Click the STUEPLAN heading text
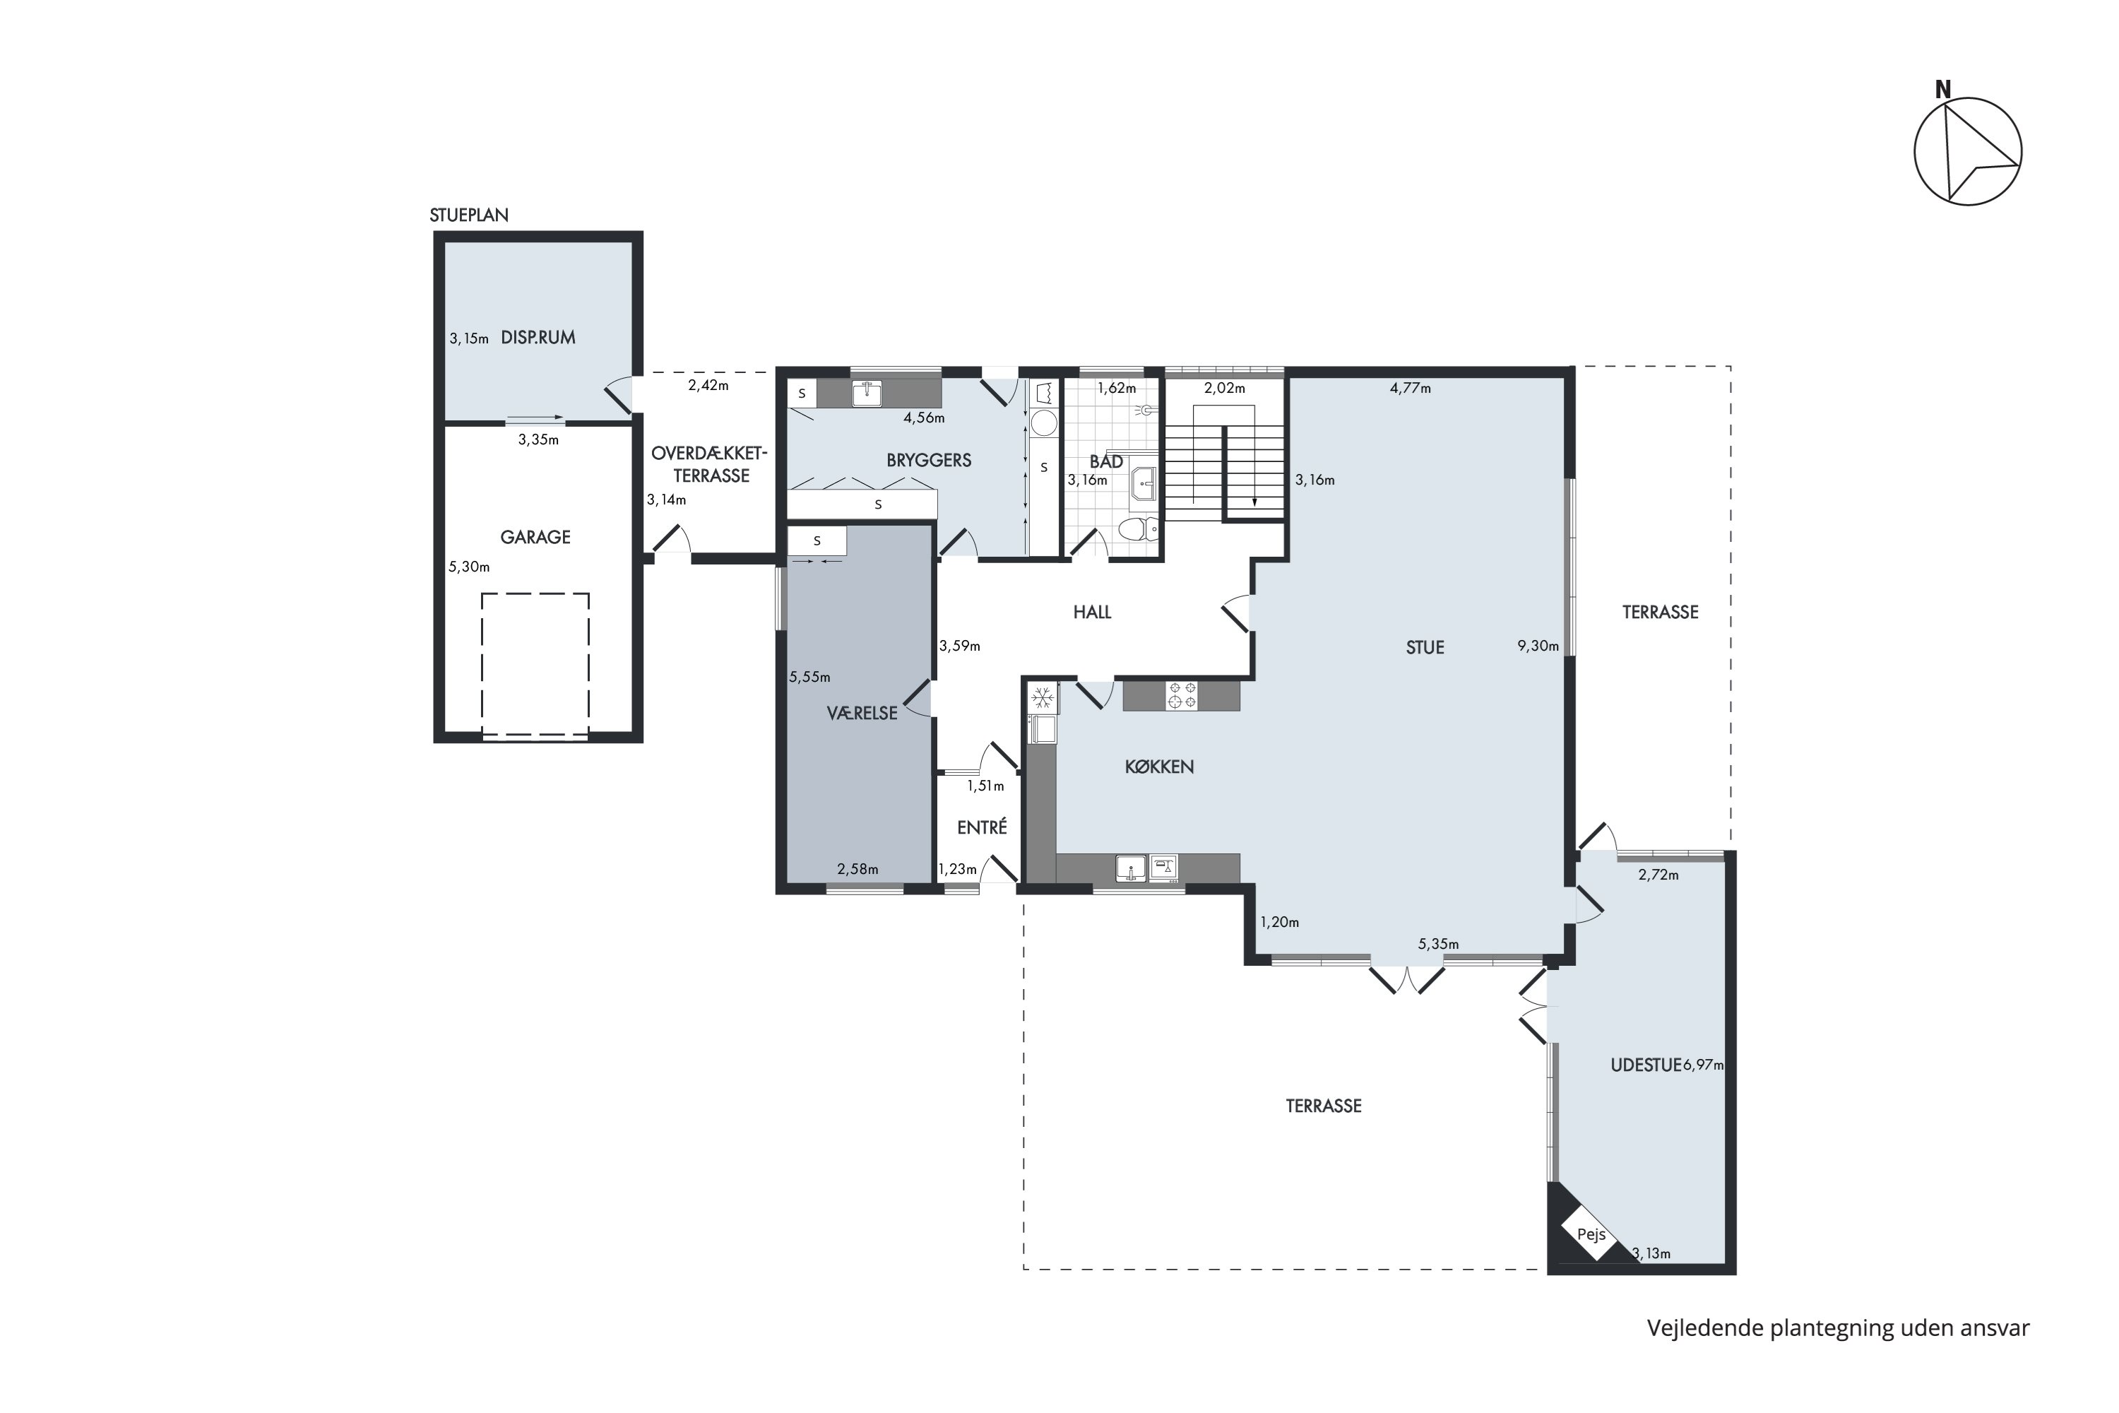[468, 215]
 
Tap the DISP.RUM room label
[538, 338]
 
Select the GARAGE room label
[535, 537]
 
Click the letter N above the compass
[1943, 90]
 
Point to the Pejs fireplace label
[1591, 1234]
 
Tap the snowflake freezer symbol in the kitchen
[1043, 697]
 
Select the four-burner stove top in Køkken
[1181, 696]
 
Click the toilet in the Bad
[1137, 528]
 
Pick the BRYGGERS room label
[929, 461]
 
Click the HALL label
[1092, 613]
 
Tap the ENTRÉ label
[982, 827]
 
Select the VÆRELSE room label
[862, 714]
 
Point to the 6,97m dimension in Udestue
[1703, 1065]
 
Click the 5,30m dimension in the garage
[470, 567]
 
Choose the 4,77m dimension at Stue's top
[1410, 389]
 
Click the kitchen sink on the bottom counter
[1131, 868]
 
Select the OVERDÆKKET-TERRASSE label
[710, 464]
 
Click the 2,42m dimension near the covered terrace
[708, 386]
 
